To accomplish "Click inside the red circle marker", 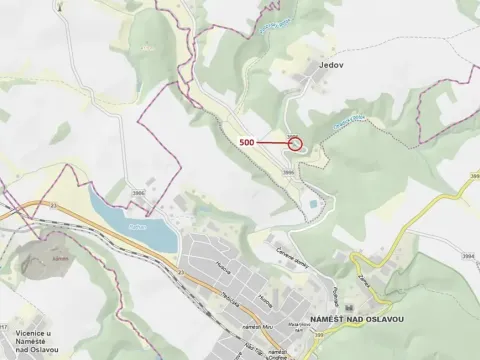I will (295, 143).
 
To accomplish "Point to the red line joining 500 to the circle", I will (271, 143).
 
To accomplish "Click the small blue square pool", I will (314, 204).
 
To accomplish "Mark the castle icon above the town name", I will (348, 304).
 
